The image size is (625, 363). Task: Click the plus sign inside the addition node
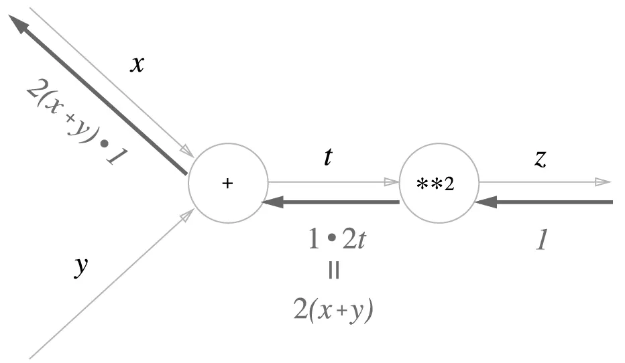pos(227,183)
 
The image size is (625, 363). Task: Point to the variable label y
pos(80,267)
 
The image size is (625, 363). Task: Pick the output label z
pos(540,158)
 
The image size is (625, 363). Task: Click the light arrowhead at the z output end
pos(603,181)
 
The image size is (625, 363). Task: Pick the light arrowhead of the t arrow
pos(391,181)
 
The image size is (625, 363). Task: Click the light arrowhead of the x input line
pos(186,150)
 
